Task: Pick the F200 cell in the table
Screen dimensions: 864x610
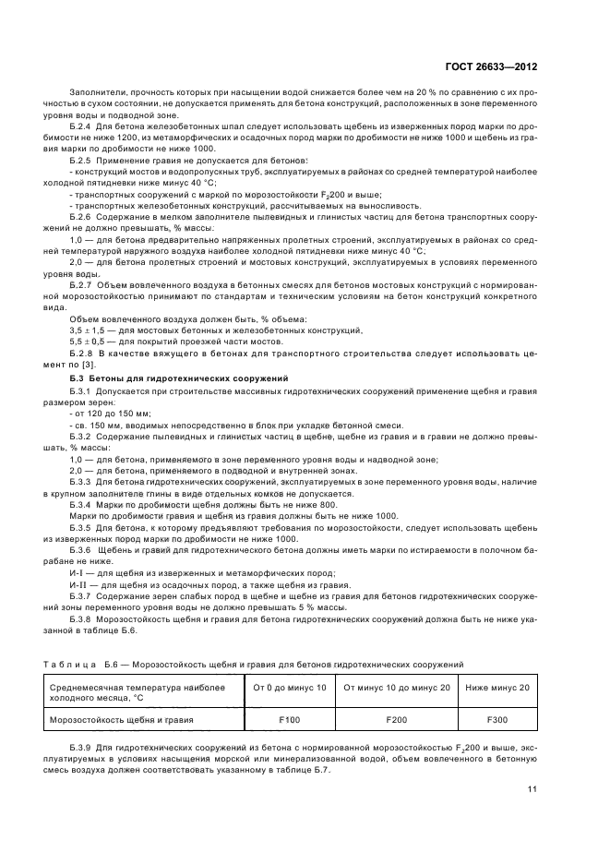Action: point(396,717)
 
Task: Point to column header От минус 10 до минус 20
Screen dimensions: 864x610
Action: point(396,688)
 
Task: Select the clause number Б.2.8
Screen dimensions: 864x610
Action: point(79,354)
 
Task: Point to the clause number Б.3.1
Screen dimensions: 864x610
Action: point(79,391)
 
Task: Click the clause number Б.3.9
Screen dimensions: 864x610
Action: point(79,742)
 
